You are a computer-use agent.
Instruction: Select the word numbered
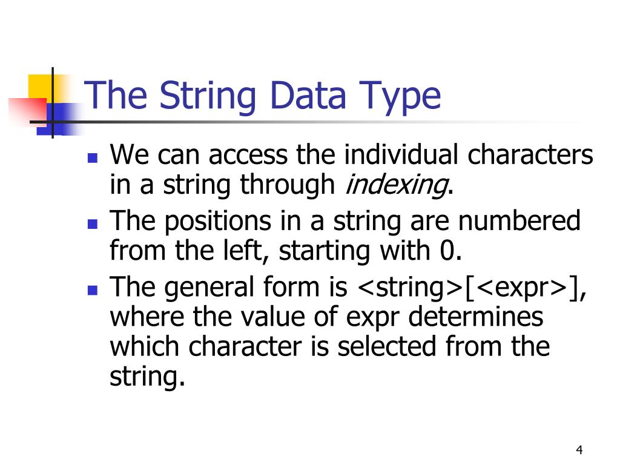coord(519,221)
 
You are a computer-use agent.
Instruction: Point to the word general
coord(205,288)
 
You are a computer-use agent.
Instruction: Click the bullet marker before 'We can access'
coord(92,159)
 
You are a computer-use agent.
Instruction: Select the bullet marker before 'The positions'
coord(92,225)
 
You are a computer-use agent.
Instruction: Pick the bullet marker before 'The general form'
coord(92,290)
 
